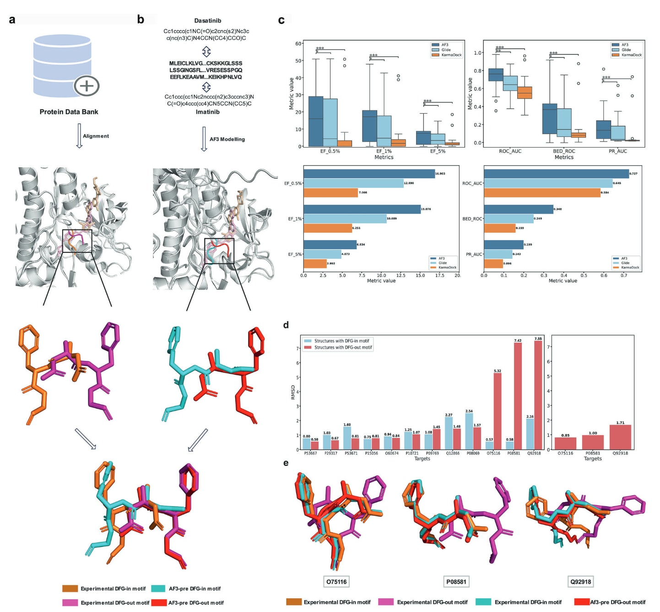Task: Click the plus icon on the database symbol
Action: [x=87, y=86]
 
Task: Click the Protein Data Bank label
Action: [x=69, y=112]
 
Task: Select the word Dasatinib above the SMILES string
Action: [x=207, y=21]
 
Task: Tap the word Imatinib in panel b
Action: [x=207, y=112]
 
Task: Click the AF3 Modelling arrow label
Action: [x=227, y=139]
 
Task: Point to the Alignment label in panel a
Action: [x=96, y=136]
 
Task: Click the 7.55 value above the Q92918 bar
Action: [x=538, y=339]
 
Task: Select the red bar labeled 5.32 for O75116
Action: [x=498, y=411]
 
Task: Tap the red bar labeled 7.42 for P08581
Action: [x=518, y=396]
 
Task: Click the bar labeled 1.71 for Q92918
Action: [x=620, y=437]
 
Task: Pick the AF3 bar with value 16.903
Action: [x=369, y=174]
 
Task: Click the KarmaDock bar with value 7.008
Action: [x=330, y=193]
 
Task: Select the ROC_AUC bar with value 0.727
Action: [x=556, y=174]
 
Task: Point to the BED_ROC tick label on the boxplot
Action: [x=564, y=151]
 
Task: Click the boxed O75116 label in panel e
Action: [x=336, y=582]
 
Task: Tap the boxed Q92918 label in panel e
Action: [x=580, y=582]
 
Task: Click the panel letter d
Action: [x=286, y=325]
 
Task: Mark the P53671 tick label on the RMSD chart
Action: [x=351, y=453]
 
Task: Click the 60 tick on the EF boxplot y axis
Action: [x=298, y=44]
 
